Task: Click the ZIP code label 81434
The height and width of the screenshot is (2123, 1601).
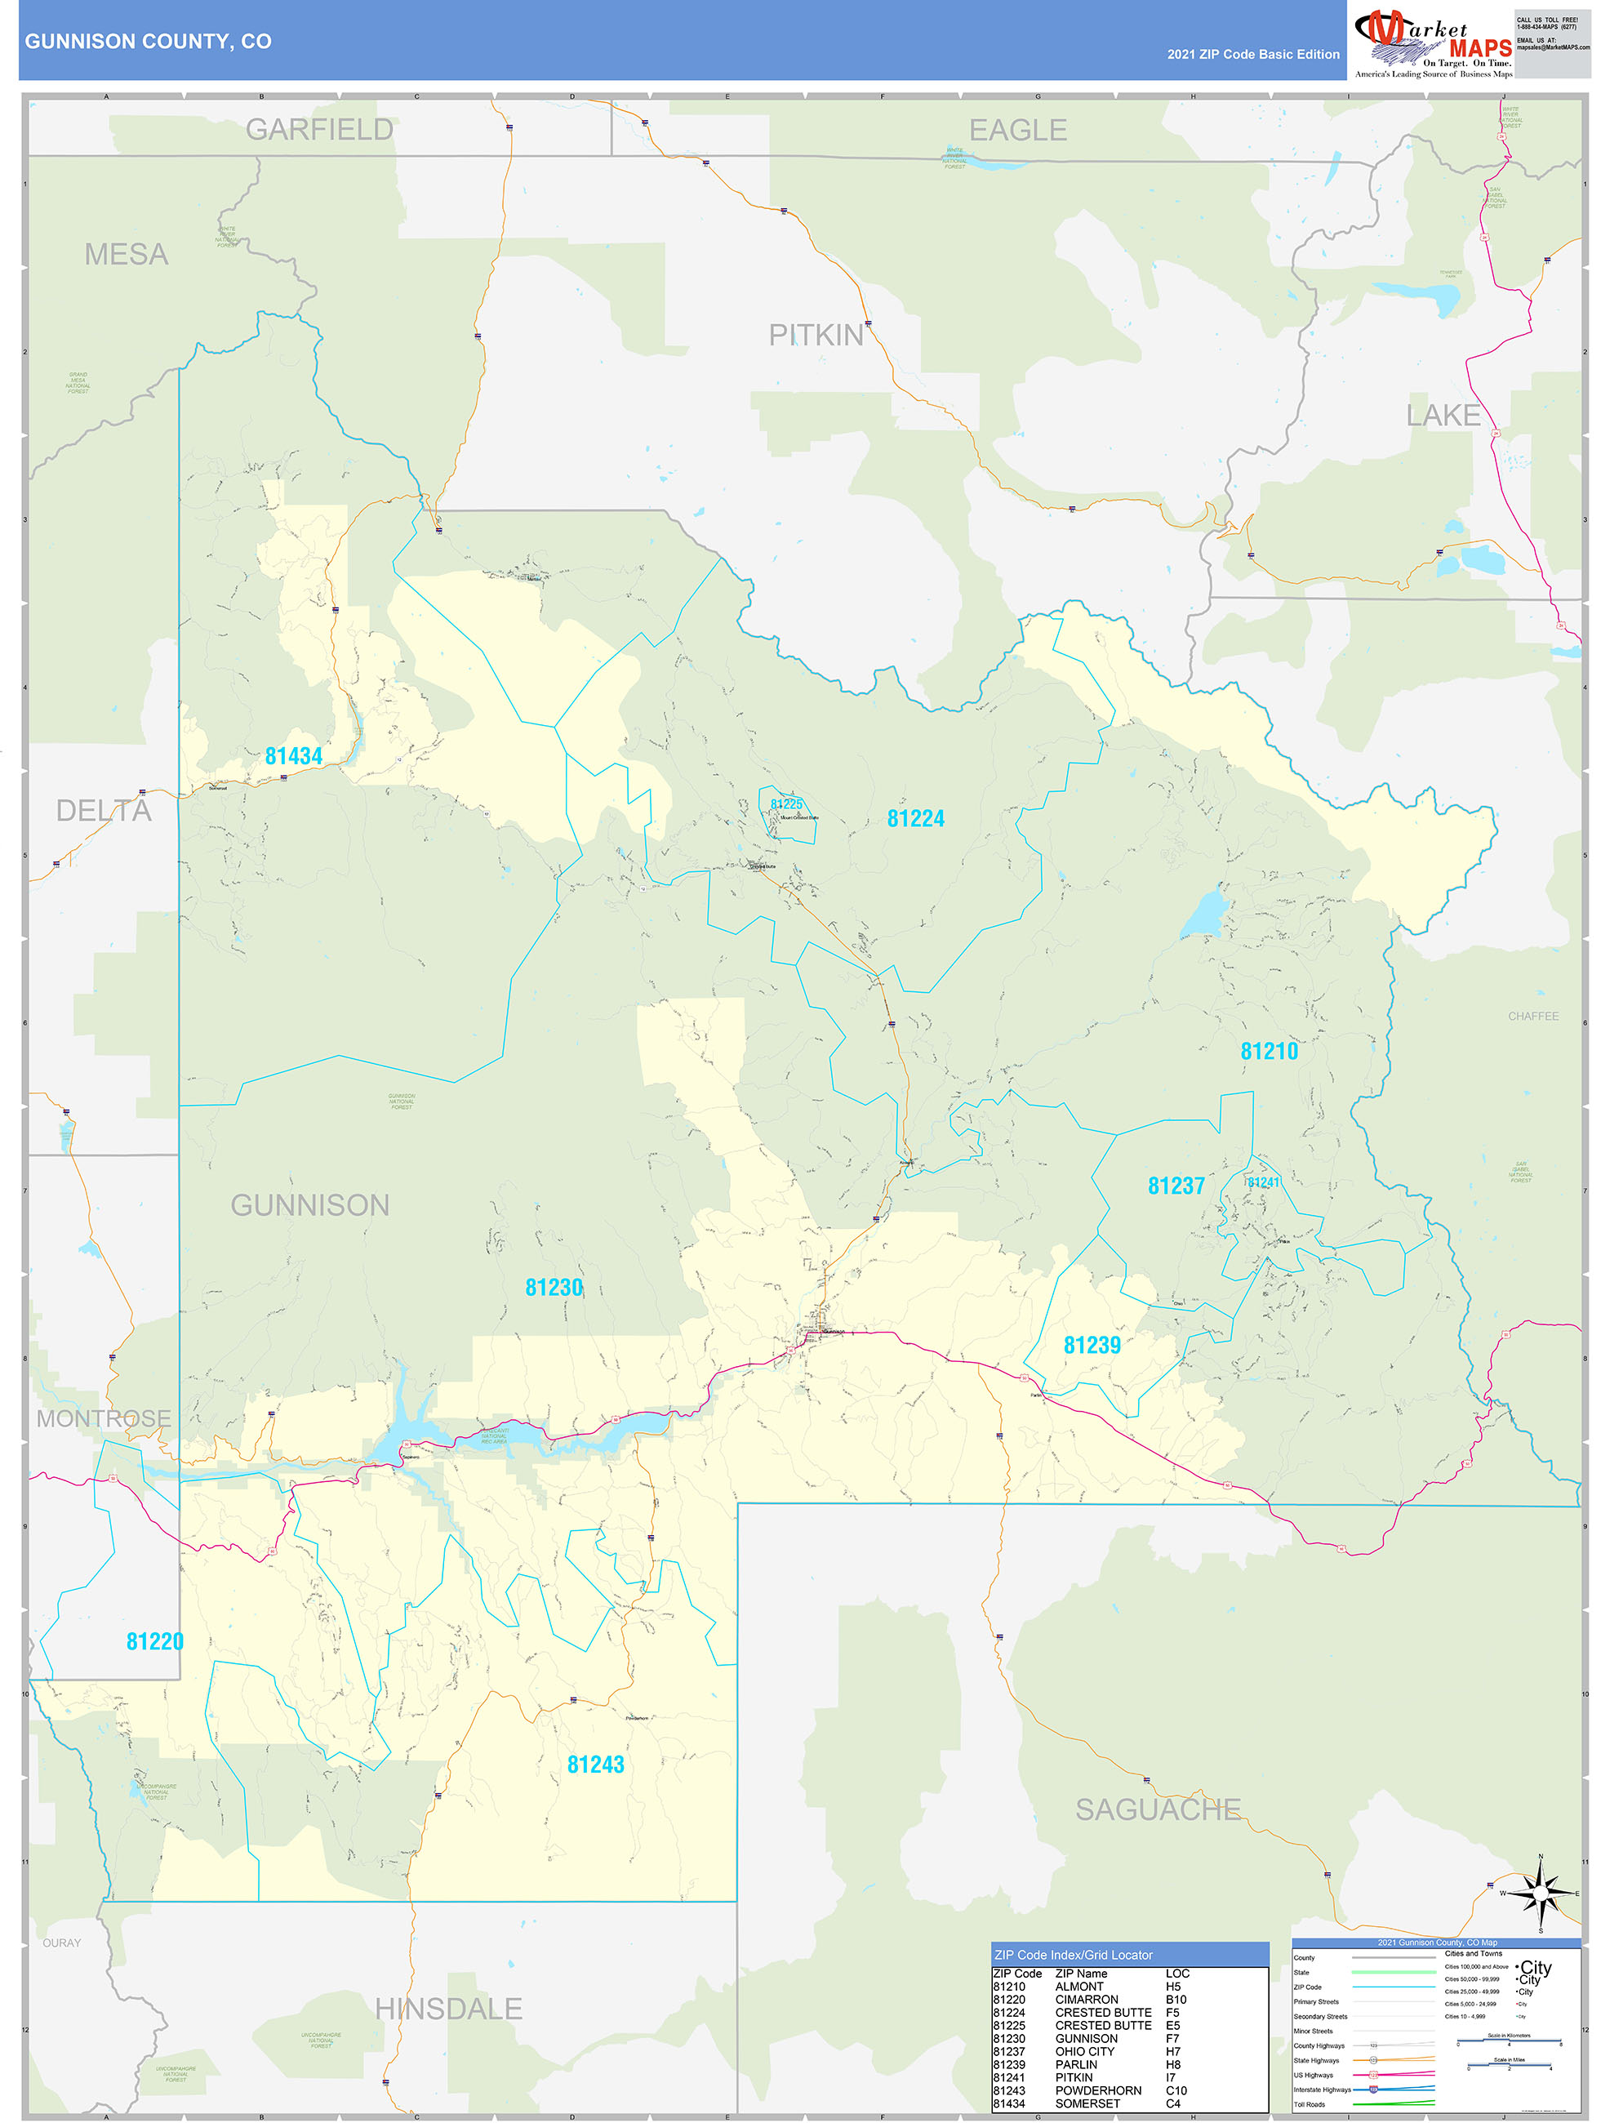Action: point(294,756)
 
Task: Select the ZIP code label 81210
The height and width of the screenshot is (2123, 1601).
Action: point(1268,1051)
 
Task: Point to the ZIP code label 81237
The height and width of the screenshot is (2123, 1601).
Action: point(1176,1186)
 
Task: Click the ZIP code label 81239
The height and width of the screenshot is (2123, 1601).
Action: point(1092,1345)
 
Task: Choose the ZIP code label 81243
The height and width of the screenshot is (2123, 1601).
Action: point(595,1764)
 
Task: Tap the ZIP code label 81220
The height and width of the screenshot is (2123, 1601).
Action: point(154,1641)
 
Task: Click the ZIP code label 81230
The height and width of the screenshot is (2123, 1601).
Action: point(554,1287)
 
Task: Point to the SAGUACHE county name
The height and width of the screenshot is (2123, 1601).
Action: point(1158,1809)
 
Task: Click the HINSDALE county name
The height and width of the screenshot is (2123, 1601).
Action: point(448,2009)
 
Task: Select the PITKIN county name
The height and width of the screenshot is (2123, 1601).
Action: point(816,335)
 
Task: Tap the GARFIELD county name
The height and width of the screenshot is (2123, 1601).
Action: point(319,130)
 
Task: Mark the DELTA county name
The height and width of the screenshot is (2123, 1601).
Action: point(104,811)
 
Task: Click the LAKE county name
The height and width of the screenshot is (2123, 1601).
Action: point(1443,416)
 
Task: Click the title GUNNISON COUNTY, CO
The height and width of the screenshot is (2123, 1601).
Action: point(148,42)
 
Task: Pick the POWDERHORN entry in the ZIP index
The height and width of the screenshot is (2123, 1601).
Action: point(1098,2090)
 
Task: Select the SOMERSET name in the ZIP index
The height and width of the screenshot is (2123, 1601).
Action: point(1087,2103)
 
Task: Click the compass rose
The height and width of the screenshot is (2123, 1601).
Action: point(1541,1894)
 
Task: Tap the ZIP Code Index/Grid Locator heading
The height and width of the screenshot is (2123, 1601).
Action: point(1073,1955)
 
